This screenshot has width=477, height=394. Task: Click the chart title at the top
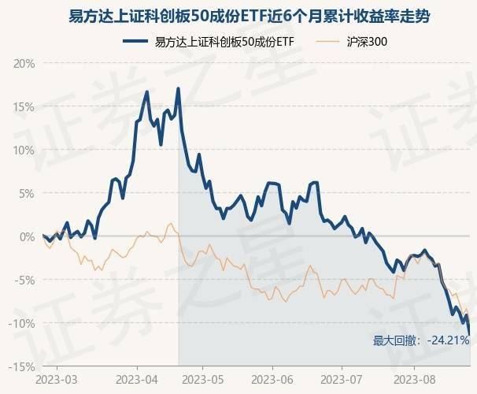pos(238,17)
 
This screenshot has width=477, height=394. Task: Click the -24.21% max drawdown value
pos(449,341)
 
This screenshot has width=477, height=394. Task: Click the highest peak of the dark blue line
pos(179,88)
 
